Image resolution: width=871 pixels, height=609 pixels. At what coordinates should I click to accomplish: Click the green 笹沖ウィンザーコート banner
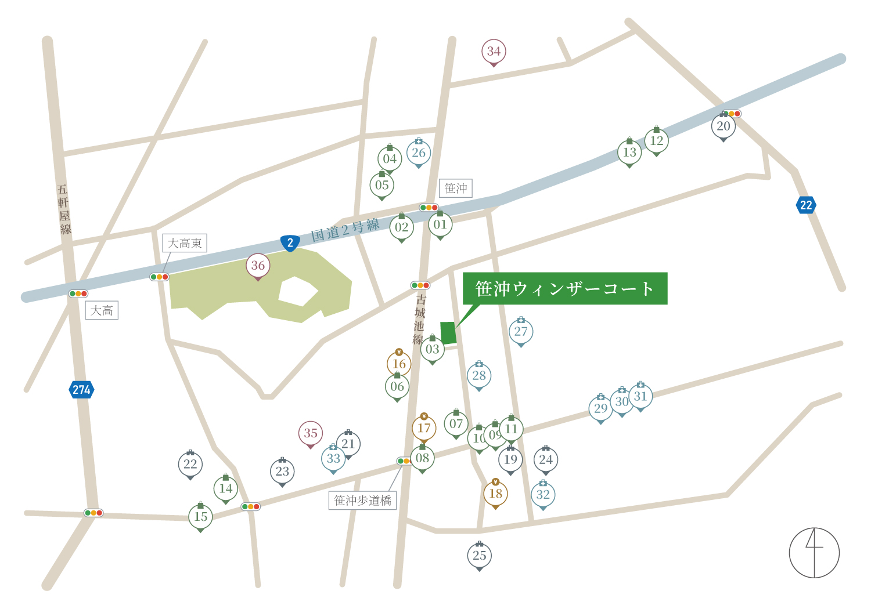[x=564, y=288]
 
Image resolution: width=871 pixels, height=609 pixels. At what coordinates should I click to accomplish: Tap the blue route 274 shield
[x=81, y=390]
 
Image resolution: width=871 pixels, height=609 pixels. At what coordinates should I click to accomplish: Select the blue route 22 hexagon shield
[x=806, y=205]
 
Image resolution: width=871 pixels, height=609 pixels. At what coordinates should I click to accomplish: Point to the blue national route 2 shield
[x=290, y=243]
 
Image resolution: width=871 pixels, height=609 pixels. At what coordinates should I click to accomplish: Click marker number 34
[x=494, y=52]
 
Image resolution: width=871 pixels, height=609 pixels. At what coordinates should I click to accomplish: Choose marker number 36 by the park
[x=258, y=266]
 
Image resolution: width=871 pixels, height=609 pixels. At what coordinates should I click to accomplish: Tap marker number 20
[x=723, y=126]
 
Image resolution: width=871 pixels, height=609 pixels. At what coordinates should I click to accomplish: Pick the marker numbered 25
[x=479, y=556]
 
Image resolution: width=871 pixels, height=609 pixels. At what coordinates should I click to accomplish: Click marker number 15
[x=200, y=516]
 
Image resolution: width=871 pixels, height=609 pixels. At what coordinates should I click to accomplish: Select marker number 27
[x=521, y=332]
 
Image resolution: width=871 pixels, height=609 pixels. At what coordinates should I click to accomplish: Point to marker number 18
[x=495, y=494]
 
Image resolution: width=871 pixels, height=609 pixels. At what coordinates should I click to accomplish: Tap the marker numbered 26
[x=418, y=153]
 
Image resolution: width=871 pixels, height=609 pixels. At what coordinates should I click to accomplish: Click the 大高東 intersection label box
[x=185, y=243]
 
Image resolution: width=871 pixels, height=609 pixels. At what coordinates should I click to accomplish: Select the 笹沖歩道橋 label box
[x=362, y=501]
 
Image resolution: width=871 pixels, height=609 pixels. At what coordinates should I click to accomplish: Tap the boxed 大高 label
[x=102, y=310]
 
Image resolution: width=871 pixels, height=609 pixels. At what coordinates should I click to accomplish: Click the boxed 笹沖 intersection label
[x=456, y=188]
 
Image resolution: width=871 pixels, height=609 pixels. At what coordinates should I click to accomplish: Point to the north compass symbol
[x=814, y=553]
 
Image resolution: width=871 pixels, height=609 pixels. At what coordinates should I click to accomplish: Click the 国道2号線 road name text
[x=345, y=230]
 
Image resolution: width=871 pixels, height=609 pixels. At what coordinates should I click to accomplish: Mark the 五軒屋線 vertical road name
[x=64, y=209]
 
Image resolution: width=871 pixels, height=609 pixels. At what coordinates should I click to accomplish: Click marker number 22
[x=190, y=464]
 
